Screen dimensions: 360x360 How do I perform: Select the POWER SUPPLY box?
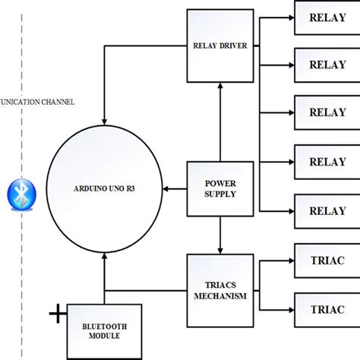(x=219, y=188)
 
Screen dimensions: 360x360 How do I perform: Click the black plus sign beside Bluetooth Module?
(x=56, y=312)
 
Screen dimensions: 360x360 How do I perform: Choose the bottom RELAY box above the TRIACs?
(x=327, y=210)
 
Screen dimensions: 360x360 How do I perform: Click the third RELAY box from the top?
(x=327, y=112)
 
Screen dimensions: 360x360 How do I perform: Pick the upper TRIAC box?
(x=327, y=260)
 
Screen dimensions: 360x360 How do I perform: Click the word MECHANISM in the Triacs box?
(x=219, y=296)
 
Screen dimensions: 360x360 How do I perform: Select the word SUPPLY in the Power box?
(x=219, y=194)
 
